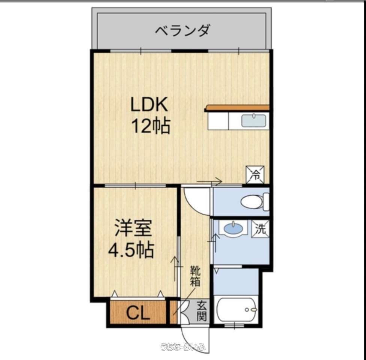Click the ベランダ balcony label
[183, 30]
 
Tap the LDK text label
[149, 105]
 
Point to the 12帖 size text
[151, 126]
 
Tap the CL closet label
[138, 313]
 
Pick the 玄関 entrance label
[201, 311]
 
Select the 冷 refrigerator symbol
[255, 175]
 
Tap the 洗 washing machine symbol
[260, 229]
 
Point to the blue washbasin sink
[233, 228]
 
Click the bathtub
[237, 309]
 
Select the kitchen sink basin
[254, 121]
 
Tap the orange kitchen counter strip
[237, 108]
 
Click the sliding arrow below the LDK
[209, 181]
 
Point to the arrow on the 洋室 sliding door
[175, 268]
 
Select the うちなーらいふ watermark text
[183, 347]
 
